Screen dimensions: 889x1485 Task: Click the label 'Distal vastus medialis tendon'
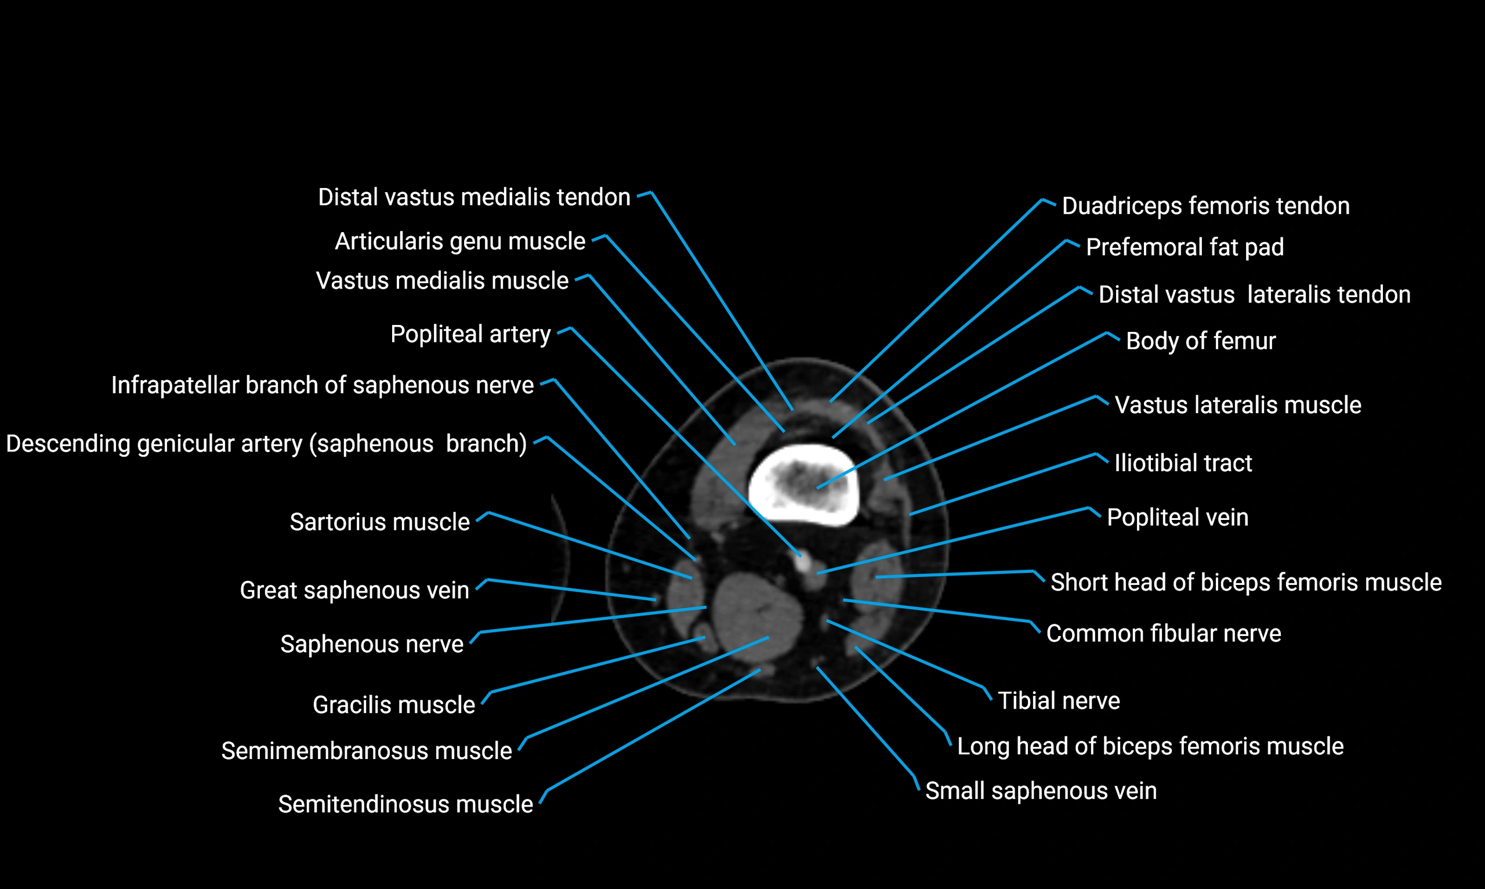[x=474, y=197]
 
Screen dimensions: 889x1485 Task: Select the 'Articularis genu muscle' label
[x=460, y=241]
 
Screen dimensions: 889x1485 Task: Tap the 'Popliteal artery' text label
[x=470, y=334]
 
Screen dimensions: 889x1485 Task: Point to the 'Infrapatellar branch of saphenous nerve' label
[x=322, y=385]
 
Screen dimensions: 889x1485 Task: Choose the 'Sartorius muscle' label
[x=379, y=522]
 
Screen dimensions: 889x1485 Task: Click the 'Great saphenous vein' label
[x=354, y=590]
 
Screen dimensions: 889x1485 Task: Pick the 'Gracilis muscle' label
[x=393, y=704]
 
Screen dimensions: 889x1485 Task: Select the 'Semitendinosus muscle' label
[x=405, y=804]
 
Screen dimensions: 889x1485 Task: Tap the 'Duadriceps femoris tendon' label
[x=1205, y=206]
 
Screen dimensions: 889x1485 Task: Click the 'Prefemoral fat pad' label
[x=1185, y=247]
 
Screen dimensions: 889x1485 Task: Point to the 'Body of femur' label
[x=1201, y=341]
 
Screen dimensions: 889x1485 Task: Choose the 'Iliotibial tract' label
[x=1183, y=463]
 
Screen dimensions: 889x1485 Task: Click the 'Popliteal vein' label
[x=1177, y=518]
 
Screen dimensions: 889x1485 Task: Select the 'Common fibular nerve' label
[x=1164, y=634]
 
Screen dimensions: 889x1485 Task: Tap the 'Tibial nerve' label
[x=1059, y=701]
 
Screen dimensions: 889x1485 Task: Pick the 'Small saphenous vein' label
[x=1041, y=791]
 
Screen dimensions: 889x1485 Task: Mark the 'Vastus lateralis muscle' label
[x=1237, y=405]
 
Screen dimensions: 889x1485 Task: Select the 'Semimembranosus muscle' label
[x=367, y=751]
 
